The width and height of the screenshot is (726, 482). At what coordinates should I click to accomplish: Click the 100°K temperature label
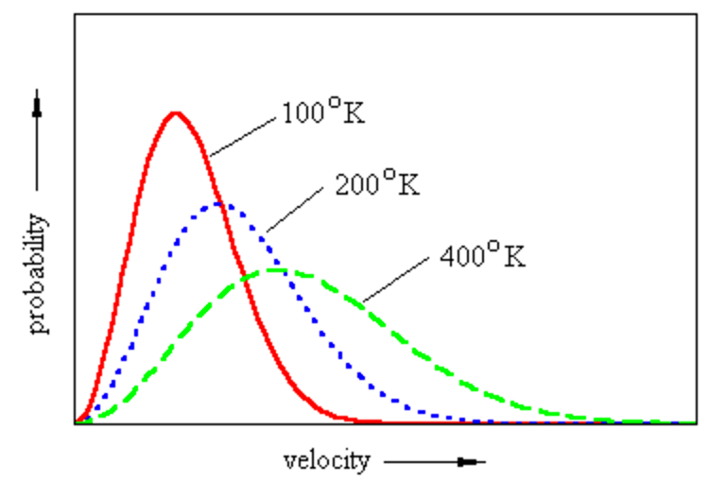(x=322, y=113)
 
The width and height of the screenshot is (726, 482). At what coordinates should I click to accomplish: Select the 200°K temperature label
(x=377, y=183)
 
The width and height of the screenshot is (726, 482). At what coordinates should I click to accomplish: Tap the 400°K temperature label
(x=481, y=256)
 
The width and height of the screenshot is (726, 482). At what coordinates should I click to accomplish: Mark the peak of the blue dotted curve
(x=218, y=203)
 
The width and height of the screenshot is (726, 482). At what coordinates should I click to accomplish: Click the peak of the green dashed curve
(x=276, y=270)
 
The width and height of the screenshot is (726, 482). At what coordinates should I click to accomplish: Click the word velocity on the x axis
(x=326, y=461)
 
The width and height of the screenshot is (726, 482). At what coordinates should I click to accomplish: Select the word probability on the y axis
(x=39, y=274)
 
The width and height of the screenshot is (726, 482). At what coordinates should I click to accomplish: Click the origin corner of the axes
(x=75, y=423)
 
